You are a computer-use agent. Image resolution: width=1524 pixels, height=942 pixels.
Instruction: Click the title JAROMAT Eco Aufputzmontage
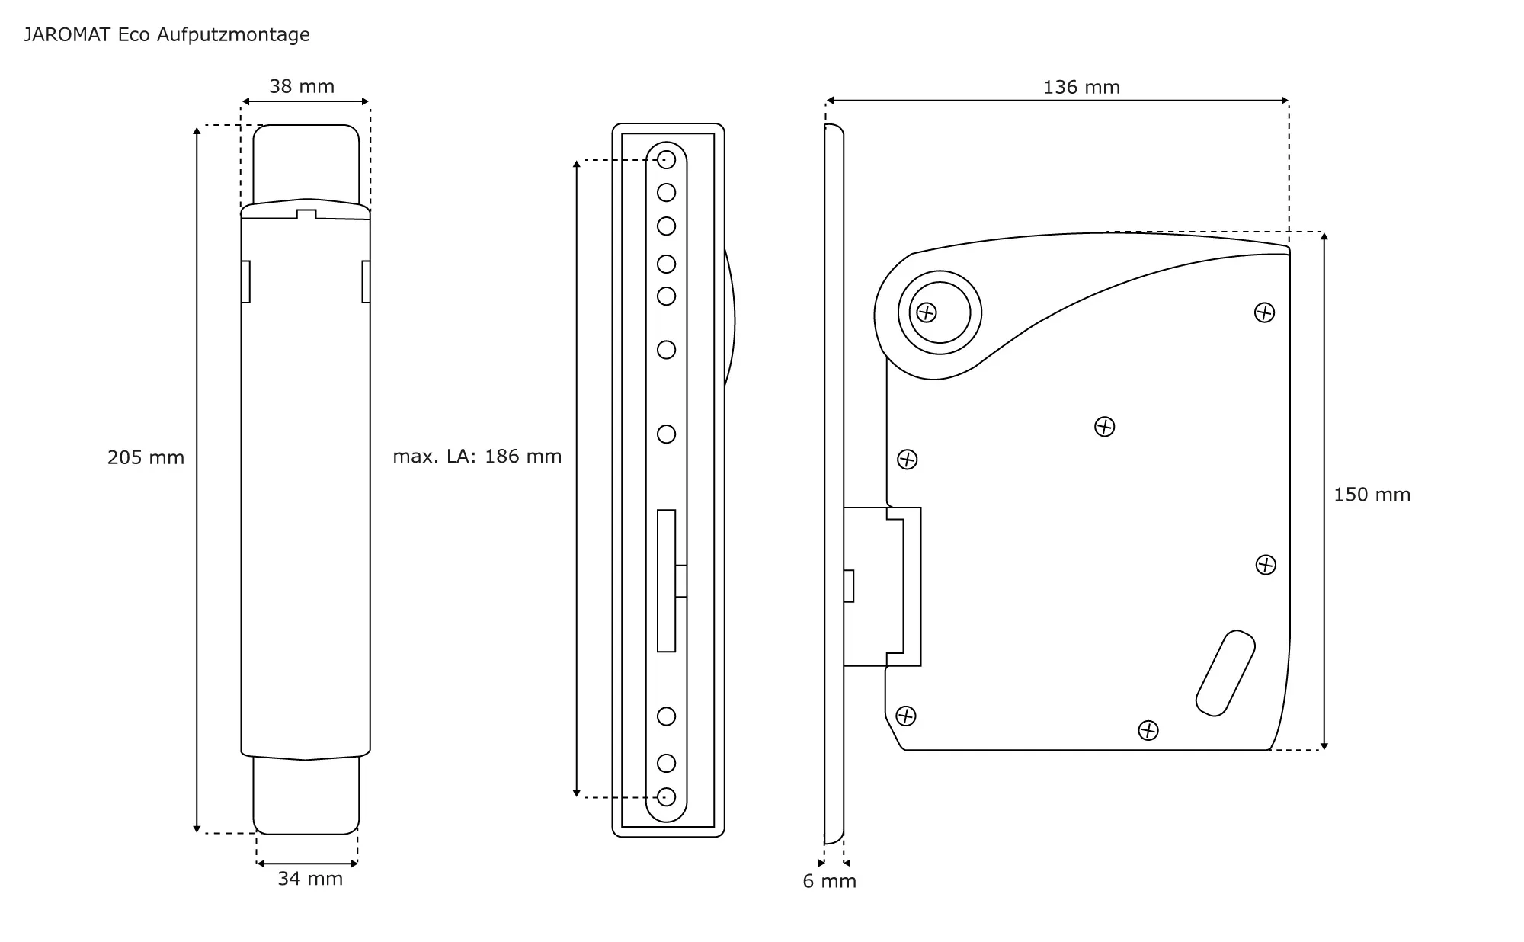click(x=167, y=35)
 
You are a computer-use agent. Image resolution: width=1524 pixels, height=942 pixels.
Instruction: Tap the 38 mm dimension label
click(x=302, y=87)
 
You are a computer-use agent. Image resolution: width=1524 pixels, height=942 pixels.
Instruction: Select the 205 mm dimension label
click(x=146, y=458)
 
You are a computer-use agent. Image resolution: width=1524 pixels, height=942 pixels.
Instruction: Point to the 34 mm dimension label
click(x=310, y=879)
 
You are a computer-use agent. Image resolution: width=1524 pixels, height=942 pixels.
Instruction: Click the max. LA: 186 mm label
click(x=477, y=457)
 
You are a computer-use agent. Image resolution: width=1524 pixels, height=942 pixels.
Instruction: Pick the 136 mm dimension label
click(x=1081, y=88)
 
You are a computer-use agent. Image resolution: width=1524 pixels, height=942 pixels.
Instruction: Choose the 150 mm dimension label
click(x=1372, y=495)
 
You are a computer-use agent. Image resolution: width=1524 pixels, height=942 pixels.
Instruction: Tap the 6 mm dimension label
click(x=829, y=882)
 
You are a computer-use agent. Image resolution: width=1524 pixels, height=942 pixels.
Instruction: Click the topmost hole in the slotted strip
click(x=666, y=160)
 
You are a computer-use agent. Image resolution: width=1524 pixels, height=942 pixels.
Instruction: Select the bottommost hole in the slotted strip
click(x=666, y=797)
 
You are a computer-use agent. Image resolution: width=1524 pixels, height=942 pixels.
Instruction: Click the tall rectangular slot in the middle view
click(x=666, y=581)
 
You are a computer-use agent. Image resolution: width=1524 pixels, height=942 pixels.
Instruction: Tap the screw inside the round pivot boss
click(x=927, y=312)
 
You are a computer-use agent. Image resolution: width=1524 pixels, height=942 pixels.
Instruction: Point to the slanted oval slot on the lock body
click(x=1225, y=674)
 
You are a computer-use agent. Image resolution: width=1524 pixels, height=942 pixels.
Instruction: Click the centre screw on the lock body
click(x=1104, y=427)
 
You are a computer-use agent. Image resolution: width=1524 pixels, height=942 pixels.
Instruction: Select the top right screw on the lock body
click(x=1264, y=312)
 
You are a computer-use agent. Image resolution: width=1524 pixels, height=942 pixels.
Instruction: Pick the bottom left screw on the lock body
click(x=905, y=716)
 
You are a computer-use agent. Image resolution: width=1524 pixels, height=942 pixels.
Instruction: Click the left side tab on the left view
click(x=245, y=281)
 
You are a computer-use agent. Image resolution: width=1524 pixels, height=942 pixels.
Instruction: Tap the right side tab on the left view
click(x=366, y=281)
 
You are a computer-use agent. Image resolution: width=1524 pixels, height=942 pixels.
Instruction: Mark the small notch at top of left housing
click(x=306, y=214)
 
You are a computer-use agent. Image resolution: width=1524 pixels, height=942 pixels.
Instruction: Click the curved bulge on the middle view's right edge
click(x=729, y=320)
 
